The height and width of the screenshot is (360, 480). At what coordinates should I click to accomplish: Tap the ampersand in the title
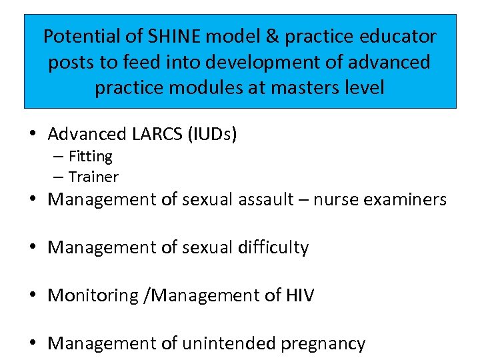pyautogui.click(x=272, y=36)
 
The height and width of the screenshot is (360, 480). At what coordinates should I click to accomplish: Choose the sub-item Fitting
pyautogui.click(x=90, y=157)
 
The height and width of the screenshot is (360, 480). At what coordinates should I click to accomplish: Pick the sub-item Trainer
pyautogui.click(x=93, y=177)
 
